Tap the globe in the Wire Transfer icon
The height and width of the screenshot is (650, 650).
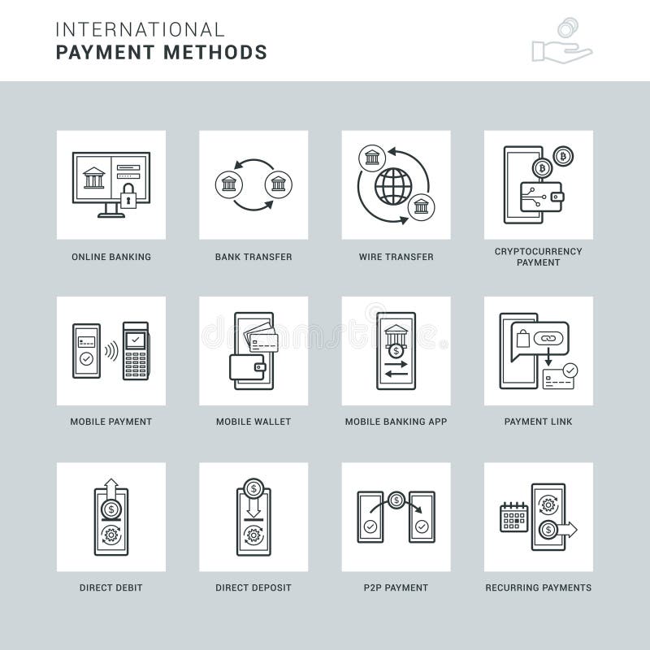point(393,186)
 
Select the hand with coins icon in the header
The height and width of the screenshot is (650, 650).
point(561,41)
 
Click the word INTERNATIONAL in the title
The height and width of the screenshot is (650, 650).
point(140,30)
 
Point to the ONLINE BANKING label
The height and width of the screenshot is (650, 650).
point(111,257)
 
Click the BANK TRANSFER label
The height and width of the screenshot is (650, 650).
point(253,257)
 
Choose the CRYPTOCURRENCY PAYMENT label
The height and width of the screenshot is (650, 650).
point(538,257)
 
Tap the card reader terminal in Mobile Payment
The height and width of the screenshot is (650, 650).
point(136,350)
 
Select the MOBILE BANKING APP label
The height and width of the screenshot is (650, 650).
point(396,422)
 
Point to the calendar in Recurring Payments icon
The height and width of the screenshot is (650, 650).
point(513,517)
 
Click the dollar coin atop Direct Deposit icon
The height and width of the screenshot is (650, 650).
point(253,488)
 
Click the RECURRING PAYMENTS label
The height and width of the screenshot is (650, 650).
point(538,587)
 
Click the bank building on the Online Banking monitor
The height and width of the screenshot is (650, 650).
point(93,177)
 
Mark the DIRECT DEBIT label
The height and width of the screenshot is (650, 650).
point(111,587)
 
